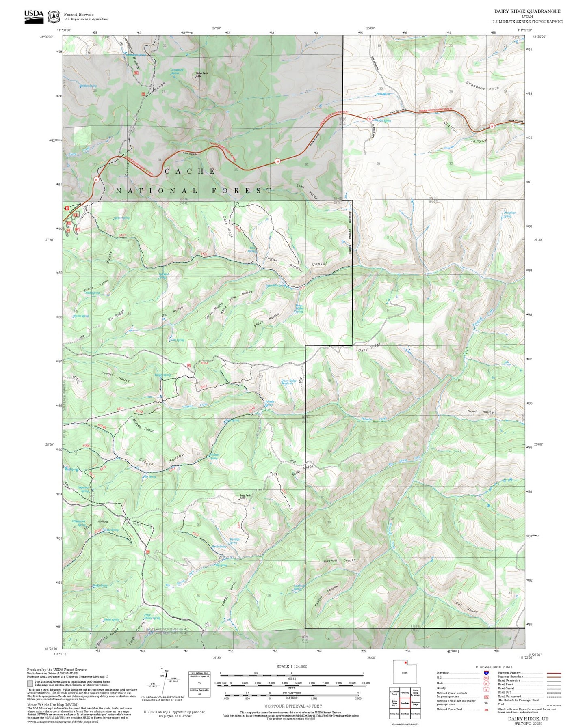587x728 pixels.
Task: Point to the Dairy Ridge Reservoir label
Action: pyautogui.click(x=289, y=382)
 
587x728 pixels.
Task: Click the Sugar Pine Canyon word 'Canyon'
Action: pyautogui.click(x=320, y=264)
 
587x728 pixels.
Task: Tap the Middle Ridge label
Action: pyautogui.click(x=143, y=425)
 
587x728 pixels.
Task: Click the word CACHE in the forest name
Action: pyautogui.click(x=190, y=171)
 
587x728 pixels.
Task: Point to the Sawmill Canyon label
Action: pyautogui.click(x=340, y=561)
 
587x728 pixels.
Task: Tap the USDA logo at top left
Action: pyautogui.click(x=34, y=16)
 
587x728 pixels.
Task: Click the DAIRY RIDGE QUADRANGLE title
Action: pyautogui.click(x=527, y=11)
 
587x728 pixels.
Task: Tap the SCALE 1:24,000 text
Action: pyautogui.click(x=292, y=666)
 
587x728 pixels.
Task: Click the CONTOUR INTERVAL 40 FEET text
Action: pyautogui.click(x=292, y=706)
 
